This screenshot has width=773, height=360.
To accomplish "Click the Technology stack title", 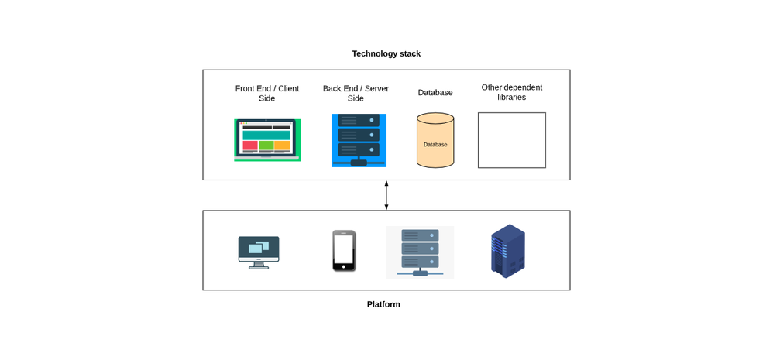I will (x=386, y=53).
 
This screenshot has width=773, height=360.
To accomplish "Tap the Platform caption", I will (x=383, y=304).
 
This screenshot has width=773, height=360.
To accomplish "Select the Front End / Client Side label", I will (x=266, y=93).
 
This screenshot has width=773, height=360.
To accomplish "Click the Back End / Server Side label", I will (x=356, y=93).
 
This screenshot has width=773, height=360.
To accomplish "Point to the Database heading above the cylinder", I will (x=435, y=92).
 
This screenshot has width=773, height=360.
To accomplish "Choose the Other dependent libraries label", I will (x=511, y=92).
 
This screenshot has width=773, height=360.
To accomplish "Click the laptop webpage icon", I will (x=266, y=140).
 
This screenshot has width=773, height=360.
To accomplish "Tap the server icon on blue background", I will (x=359, y=140).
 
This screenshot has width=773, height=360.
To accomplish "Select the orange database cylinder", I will (x=435, y=141).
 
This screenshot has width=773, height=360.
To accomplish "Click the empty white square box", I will (x=511, y=140).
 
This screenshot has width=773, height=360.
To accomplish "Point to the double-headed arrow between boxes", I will (x=386, y=195).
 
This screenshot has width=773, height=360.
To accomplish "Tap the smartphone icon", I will (x=344, y=251).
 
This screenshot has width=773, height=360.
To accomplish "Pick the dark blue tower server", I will (x=507, y=251).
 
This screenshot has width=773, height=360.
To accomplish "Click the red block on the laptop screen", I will (x=250, y=146).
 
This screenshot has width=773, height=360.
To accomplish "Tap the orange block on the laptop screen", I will (x=282, y=146).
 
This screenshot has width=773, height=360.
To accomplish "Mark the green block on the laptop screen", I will (x=266, y=146).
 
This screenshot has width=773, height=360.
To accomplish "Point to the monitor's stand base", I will (x=259, y=267).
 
